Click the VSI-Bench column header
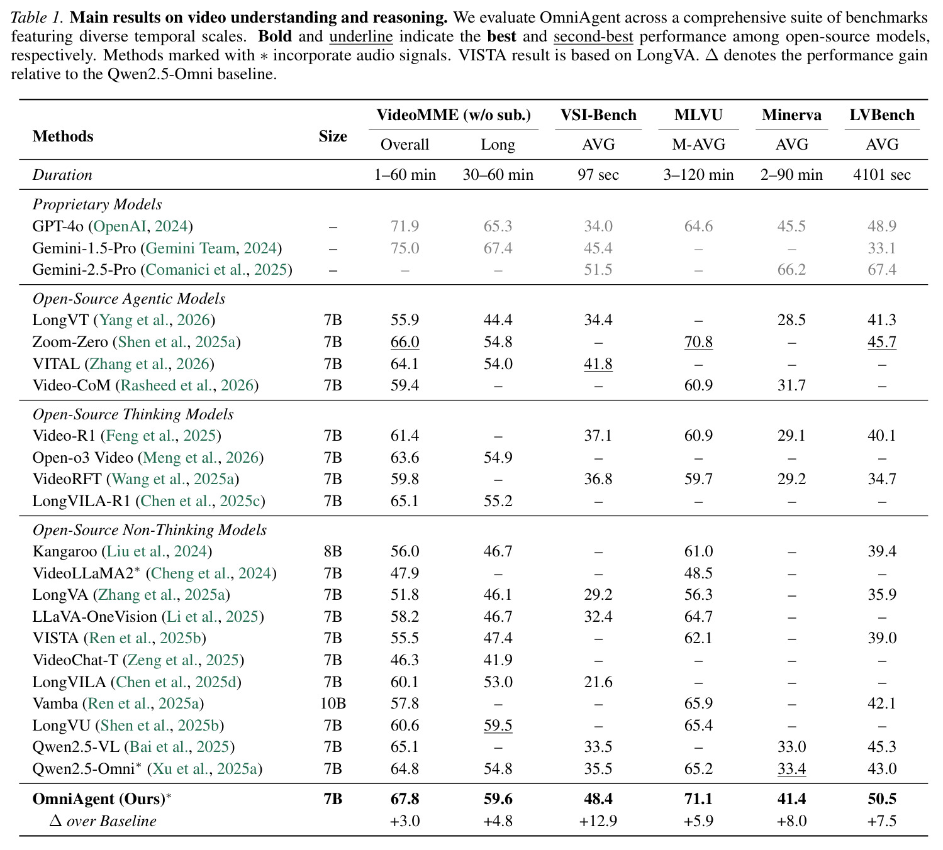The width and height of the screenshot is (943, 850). (598, 114)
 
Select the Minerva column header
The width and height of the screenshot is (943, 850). (791, 114)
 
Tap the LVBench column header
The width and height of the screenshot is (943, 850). (882, 114)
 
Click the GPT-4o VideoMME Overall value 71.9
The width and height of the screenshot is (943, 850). (405, 226)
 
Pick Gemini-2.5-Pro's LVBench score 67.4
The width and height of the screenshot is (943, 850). (882, 269)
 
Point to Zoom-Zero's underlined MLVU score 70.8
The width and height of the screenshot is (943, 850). (698, 341)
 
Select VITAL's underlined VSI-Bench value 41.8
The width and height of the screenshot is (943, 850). (598, 363)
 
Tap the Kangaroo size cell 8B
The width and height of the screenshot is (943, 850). (333, 551)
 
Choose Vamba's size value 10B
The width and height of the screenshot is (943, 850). (333, 703)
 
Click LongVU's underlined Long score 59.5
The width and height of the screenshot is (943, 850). (498, 725)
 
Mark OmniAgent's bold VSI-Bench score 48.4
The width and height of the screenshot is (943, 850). (598, 799)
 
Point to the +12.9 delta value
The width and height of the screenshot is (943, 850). (598, 821)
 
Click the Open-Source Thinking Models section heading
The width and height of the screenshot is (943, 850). (133, 414)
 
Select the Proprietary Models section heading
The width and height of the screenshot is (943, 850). (98, 204)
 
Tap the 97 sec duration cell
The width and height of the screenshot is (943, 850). (598, 175)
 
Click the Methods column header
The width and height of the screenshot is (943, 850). (63, 136)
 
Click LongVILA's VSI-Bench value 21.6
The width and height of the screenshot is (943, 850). (598, 682)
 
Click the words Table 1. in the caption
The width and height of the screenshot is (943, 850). (36, 18)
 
